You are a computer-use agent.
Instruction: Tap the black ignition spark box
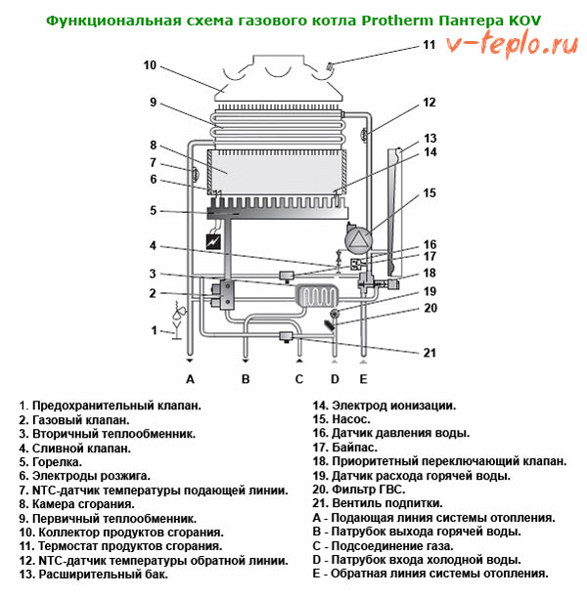tap(213, 241)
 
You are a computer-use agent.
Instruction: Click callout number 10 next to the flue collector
tap(150, 65)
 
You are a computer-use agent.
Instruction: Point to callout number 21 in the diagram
tap(429, 353)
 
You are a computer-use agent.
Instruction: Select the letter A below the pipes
tap(190, 379)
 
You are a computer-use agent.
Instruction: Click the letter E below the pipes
tap(363, 379)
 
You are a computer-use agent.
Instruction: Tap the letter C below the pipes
tap(299, 379)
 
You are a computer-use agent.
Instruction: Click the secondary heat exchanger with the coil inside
tap(317, 296)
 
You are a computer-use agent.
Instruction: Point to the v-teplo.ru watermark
tap(513, 45)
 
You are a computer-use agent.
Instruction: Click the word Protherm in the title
tap(397, 21)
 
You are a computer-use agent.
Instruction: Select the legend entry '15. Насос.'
tap(341, 419)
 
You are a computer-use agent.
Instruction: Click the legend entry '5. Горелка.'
tap(51, 462)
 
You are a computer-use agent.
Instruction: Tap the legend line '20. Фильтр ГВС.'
tap(359, 490)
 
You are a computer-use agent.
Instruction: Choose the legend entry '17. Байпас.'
tap(345, 447)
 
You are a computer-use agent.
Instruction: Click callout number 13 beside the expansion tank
tap(429, 139)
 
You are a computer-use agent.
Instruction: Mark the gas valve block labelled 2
tap(223, 293)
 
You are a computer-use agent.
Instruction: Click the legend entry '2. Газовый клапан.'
tap(74, 420)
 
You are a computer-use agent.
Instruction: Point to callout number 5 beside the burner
tap(153, 210)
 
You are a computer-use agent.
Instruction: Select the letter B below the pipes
tap(246, 379)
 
